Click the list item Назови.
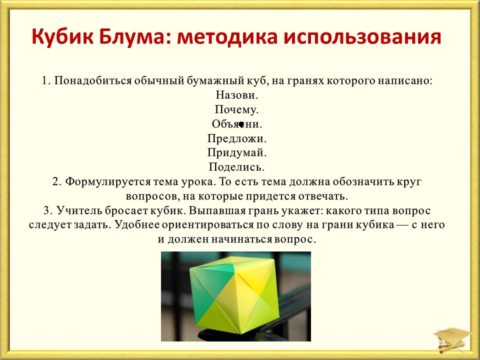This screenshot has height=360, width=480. point(237,95)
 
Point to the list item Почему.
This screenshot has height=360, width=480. point(236,109)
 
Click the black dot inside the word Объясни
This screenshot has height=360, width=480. point(241,124)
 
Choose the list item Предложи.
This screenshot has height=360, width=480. point(237,138)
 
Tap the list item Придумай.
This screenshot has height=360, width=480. point(237,153)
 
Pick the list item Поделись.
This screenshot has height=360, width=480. point(236,167)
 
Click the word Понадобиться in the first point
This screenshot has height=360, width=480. point(93,81)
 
